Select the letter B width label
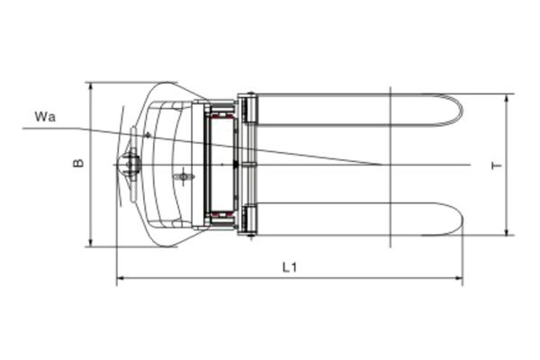[x=79, y=163]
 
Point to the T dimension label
[x=495, y=166]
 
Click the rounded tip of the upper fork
[x=458, y=110]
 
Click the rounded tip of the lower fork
[x=458, y=219]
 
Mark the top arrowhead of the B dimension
[x=89, y=85]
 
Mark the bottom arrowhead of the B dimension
[x=89, y=243]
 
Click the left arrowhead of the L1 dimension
[x=120, y=279]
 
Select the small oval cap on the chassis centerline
[x=184, y=176]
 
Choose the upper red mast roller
[x=221, y=114]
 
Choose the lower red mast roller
[x=221, y=215]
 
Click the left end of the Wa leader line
[x=24, y=129]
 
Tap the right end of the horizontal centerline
[x=470, y=165]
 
